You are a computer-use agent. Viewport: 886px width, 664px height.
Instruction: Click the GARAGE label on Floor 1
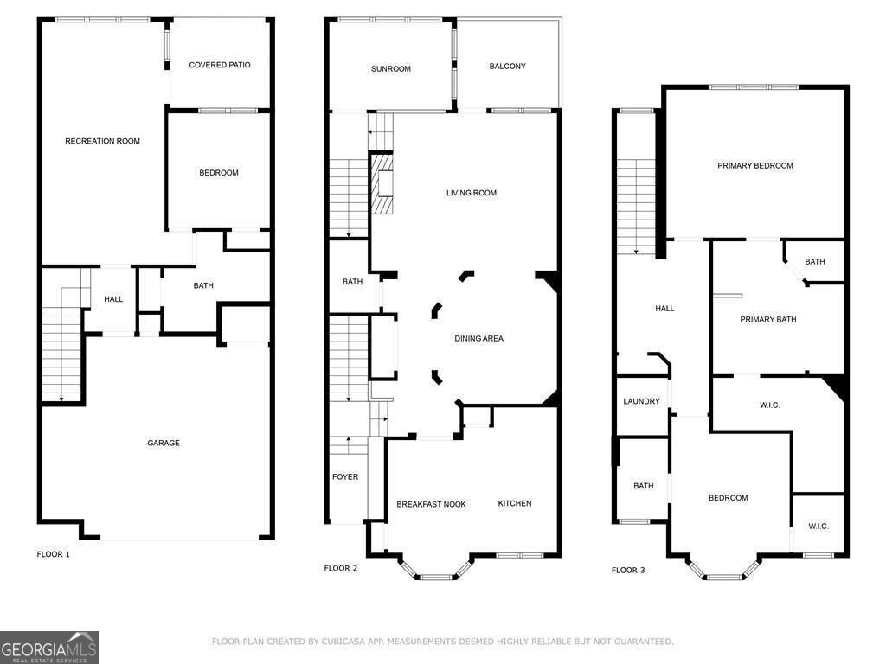(163, 444)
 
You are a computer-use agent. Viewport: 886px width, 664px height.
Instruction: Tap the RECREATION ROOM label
(102, 141)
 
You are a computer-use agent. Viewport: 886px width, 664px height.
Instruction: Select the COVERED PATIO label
(220, 65)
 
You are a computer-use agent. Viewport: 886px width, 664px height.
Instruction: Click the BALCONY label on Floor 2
(507, 67)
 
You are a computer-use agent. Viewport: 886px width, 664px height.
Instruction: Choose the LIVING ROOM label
(472, 193)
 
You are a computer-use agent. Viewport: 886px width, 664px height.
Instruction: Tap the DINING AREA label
(478, 338)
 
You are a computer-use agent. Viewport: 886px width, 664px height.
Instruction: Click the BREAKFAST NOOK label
(431, 504)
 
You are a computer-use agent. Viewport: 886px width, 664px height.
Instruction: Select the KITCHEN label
(515, 503)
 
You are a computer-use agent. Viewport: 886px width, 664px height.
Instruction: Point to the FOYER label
(345, 476)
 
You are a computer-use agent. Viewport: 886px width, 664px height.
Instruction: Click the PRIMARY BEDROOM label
(754, 165)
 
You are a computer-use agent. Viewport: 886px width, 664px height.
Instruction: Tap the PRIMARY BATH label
(767, 319)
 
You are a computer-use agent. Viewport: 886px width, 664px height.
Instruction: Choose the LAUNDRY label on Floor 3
(642, 401)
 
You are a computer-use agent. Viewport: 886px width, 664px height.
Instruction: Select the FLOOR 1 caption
(53, 554)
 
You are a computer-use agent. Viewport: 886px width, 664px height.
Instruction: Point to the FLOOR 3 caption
(628, 570)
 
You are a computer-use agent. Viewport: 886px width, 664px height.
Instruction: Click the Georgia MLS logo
(49, 648)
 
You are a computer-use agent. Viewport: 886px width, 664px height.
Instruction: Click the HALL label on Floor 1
(113, 299)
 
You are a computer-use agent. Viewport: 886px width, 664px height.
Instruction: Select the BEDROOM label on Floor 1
(219, 173)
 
